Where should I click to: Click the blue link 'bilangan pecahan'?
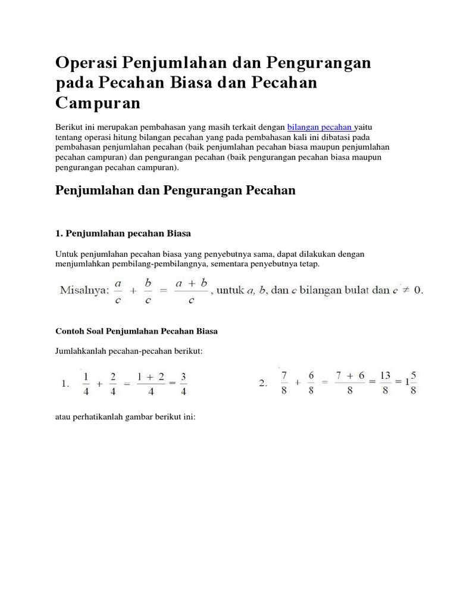pyautogui.click(x=320, y=127)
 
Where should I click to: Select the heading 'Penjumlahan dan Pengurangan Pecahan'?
pyautogui.click(x=176, y=190)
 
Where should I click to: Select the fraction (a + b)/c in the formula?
pyautogui.click(x=191, y=291)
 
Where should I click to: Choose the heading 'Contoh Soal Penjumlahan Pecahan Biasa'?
pyautogui.click(x=140, y=329)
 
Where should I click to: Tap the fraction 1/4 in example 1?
pyautogui.click(x=86, y=384)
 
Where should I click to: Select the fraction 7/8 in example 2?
pyautogui.click(x=284, y=384)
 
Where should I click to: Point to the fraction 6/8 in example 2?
pyautogui.click(x=311, y=384)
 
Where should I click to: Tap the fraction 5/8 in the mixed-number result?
pyautogui.click(x=413, y=383)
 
